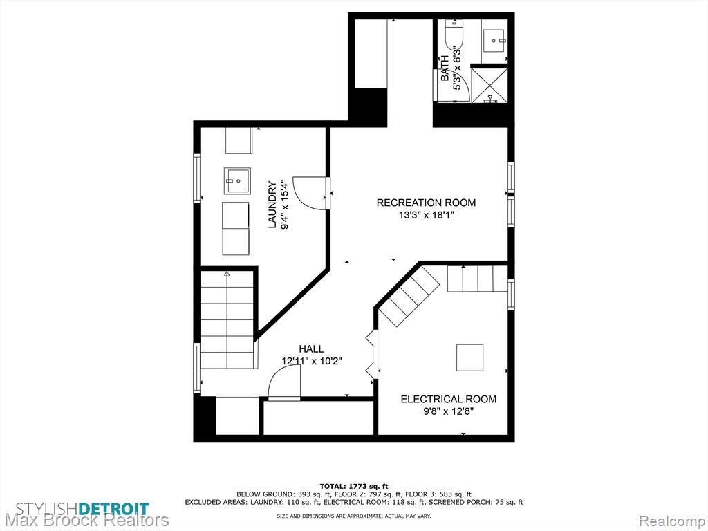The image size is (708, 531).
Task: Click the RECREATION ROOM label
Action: coord(426,203)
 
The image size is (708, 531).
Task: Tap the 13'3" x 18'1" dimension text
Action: coord(426,216)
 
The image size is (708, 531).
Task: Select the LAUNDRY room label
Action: coord(272,205)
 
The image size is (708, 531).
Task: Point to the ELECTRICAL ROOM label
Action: coord(449,399)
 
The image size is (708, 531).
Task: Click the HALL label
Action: coord(311,348)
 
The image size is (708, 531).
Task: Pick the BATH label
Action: coord(445,68)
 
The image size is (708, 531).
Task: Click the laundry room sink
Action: coord(237,180)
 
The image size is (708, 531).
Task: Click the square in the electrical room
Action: coord(469,357)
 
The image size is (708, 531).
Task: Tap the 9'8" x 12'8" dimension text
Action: coord(449,412)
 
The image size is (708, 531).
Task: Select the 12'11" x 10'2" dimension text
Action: coord(312,361)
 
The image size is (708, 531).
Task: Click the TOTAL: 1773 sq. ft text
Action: coord(354,486)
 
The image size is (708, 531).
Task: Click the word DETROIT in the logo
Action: coord(114,509)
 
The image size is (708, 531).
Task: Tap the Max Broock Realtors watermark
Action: coord(86,521)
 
